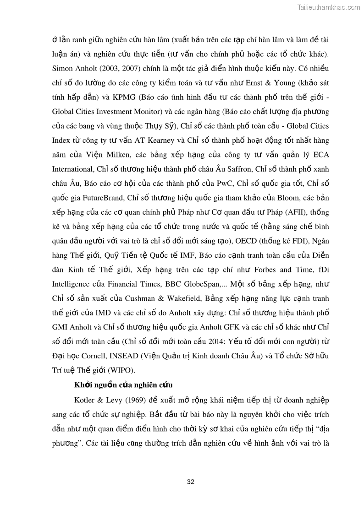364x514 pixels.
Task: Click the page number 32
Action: click(191, 482)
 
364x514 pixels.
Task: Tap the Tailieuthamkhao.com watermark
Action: click(329, 7)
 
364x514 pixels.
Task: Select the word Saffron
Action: click(238, 168)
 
